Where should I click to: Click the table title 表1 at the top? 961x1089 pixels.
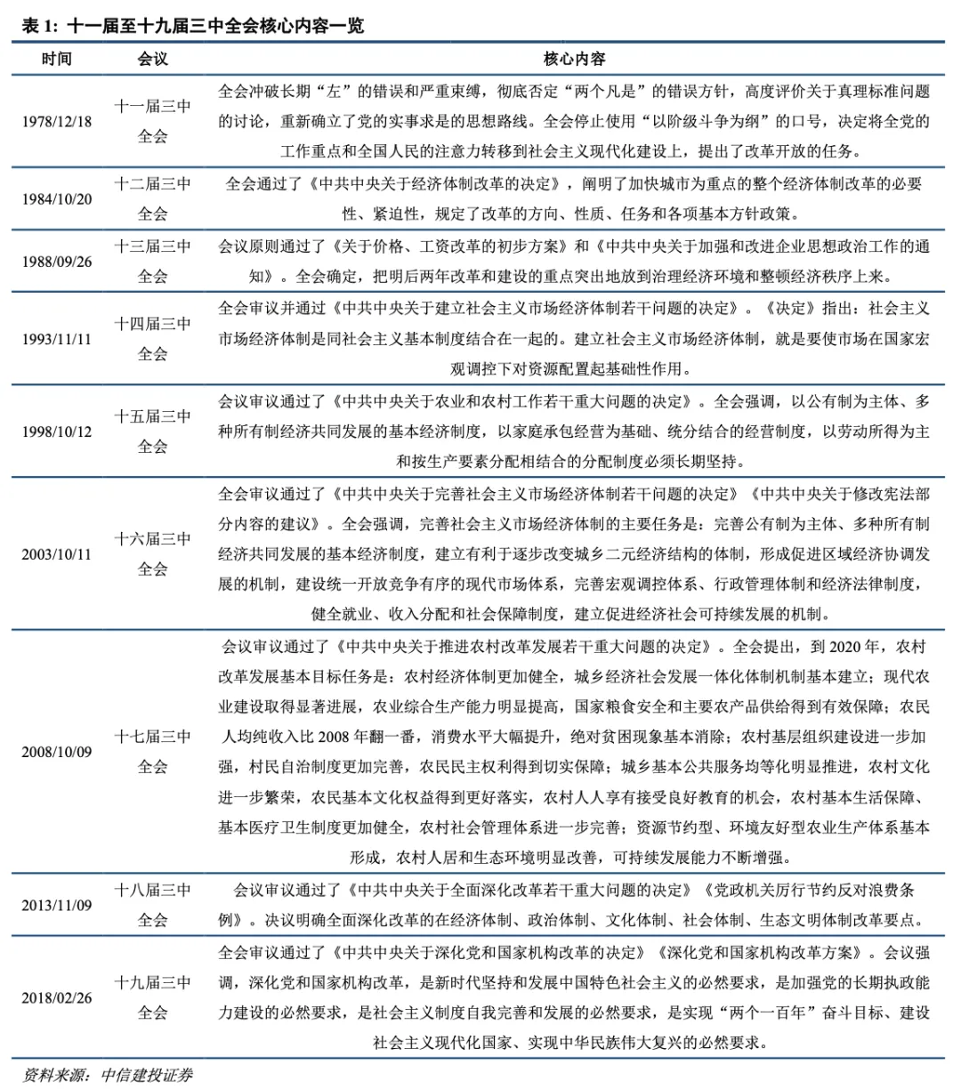pos(191,27)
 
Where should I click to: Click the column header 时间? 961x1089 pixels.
pos(57,59)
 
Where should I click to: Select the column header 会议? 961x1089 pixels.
pos(153,59)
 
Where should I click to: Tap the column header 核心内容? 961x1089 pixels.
pos(574,59)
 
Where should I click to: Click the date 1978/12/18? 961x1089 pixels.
pos(57,121)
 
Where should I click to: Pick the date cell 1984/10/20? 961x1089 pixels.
pos(57,198)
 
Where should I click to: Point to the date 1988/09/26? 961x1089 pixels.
pos(57,262)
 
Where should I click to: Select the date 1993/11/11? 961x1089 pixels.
pos(57,339)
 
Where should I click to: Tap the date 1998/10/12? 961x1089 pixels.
pos(57,432)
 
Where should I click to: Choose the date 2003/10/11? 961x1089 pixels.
pos(57,553)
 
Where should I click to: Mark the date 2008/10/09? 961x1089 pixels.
pos(57,751)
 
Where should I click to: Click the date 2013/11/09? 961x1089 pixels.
pos(57,904)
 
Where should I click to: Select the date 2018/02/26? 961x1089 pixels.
pos(57,997)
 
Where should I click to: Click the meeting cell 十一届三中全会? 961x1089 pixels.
pos(153,121)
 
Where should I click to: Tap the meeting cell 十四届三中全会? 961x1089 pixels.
pos(153,339)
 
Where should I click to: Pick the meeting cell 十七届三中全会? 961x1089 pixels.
pos(153,751)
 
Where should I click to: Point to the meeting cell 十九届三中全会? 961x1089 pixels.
pos(153,997)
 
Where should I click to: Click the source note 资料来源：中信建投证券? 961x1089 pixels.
pos(107,1074)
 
